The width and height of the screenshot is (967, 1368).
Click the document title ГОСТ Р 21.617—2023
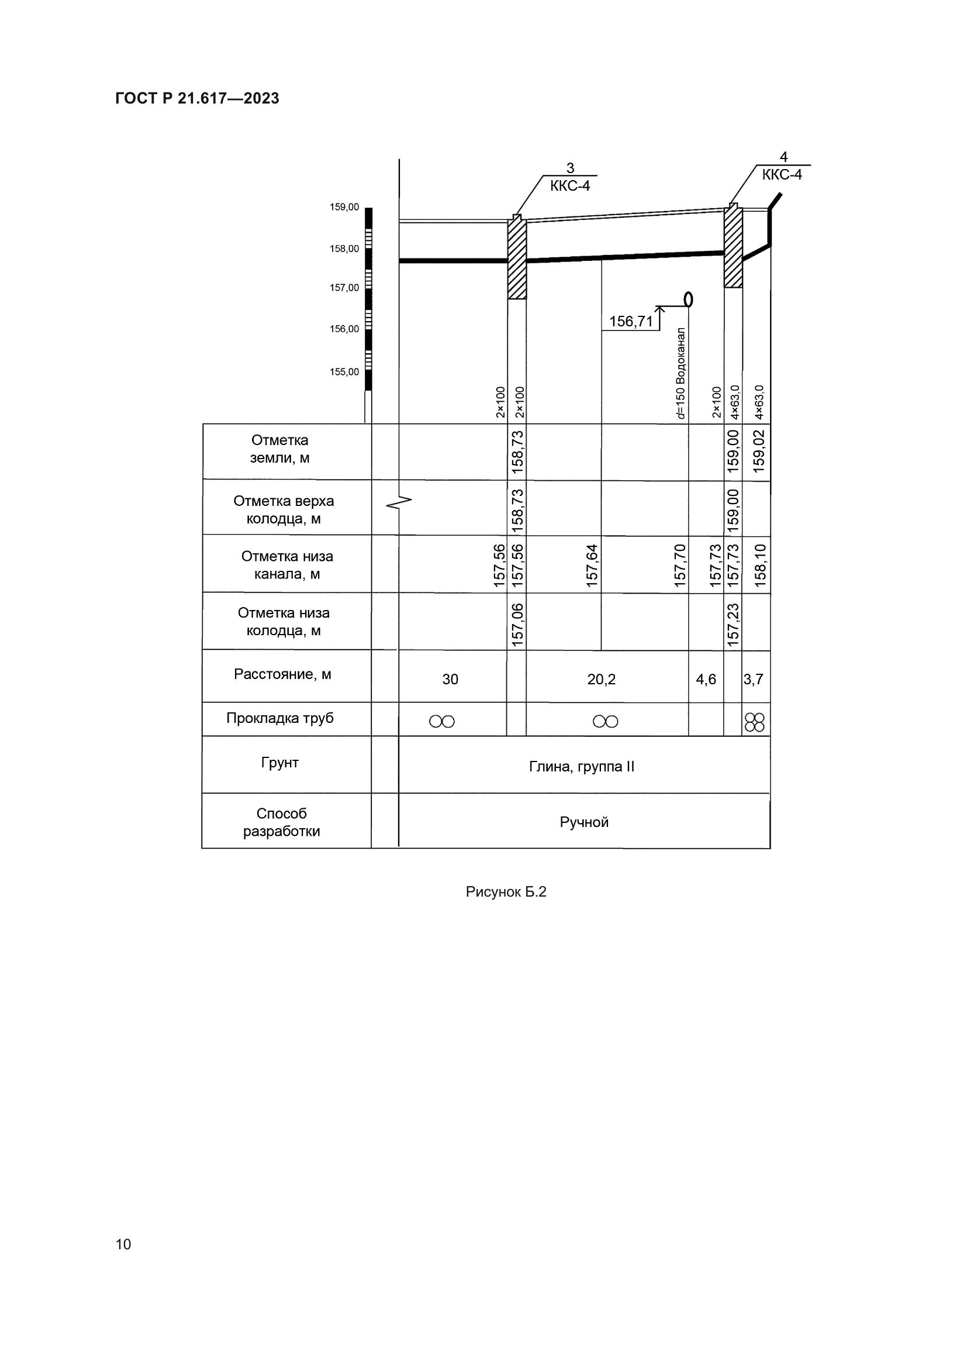tap(197, 98)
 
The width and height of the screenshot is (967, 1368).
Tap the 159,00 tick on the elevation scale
tap(345, 208)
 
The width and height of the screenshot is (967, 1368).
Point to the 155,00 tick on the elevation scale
tap(345, 372)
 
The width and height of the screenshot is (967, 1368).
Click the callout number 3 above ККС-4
tap(570, 168)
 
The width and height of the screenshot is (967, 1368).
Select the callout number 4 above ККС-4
tap(783, 157)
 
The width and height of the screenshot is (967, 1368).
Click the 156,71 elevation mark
tap(631, 322)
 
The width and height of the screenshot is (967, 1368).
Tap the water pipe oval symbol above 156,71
tap(688, 298)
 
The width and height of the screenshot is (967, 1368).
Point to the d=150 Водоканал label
tap(681, 373)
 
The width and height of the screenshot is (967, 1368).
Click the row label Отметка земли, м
tap(280, 449)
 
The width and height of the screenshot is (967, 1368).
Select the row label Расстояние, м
tap(282, 674)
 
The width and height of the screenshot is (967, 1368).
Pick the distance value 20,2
tap(601, 679)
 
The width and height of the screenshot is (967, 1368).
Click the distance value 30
tap(450, 679)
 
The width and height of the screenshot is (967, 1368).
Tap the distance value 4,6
tap(706, 679)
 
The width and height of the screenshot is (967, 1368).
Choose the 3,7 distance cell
tap(753, 679)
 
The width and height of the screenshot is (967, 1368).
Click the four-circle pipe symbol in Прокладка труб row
tap(754, 722)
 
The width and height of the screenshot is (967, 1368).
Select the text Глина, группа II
tap(582, 767)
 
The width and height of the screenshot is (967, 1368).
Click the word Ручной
tap(584, 822)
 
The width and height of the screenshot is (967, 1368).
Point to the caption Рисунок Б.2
tap(506, 892)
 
